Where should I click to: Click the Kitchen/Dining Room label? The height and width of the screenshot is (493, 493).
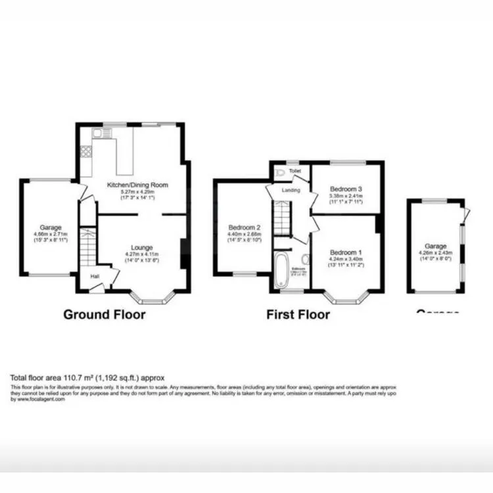(144, 185)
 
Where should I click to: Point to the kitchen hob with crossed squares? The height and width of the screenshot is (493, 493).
(85, 151)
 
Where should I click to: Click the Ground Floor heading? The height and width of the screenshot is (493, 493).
(104, 315)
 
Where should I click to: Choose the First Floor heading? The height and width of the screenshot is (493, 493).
(298, 315)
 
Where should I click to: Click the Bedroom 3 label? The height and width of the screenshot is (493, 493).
(346, 189)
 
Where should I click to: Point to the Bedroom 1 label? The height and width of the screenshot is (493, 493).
(346, 252)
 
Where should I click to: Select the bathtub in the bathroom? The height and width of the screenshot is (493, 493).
(281, 270)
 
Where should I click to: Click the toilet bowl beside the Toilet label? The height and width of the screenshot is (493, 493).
(281, 172)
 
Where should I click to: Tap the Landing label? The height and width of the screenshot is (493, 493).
(291, 191)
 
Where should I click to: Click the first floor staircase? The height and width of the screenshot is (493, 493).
(282, 219)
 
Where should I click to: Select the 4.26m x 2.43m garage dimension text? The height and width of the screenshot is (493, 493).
(434, 250)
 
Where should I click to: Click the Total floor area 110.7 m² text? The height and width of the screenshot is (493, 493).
(87, 377)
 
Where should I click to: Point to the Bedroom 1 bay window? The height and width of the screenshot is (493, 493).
(347, 300)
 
